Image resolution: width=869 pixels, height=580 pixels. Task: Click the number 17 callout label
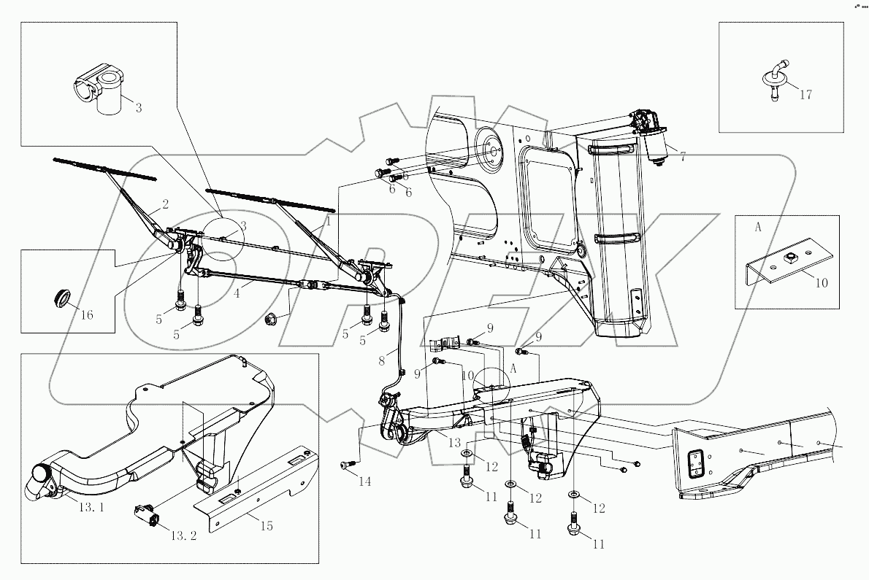pyautogui.click(x=805, y=94)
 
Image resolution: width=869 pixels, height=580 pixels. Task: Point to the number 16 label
pyautogui.click(x=87, y=316)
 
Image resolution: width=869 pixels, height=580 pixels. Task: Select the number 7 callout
pyautogui.click(x=682, y=156)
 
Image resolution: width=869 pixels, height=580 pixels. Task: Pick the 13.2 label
pyautogui.click(x=183, y=535)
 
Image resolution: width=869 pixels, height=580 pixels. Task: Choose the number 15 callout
pyautogui.click(x=267, y=525)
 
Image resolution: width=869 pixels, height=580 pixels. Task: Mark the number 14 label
pyautogui.click(x=365, y=482)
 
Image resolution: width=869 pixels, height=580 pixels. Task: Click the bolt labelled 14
pyautogui.click(x=347, y=463)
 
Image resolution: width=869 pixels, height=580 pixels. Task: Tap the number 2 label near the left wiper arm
pyautogui.click(x=165, y=204)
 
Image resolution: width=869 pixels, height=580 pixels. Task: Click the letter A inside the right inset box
pyautogui.click(x=757, y=227)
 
